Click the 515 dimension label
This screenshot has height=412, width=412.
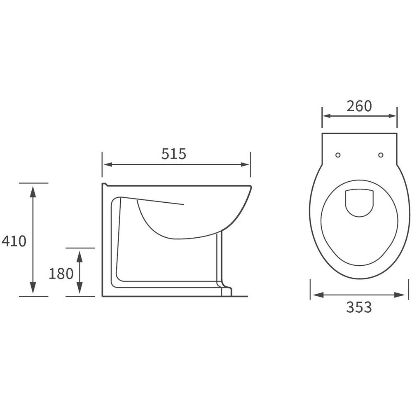click(173, 154)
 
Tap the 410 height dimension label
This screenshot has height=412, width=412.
click(14, 241)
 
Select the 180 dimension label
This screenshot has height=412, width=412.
click(61, 274)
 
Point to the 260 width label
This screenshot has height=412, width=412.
click(359, 106)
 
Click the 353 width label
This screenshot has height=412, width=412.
click(359, 307)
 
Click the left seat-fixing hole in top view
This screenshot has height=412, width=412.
click(338, 155)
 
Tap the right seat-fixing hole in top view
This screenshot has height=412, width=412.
click(380, 155)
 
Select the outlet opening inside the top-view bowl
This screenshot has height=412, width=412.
click(359, 203)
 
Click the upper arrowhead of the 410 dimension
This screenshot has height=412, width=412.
click(33, 192)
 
